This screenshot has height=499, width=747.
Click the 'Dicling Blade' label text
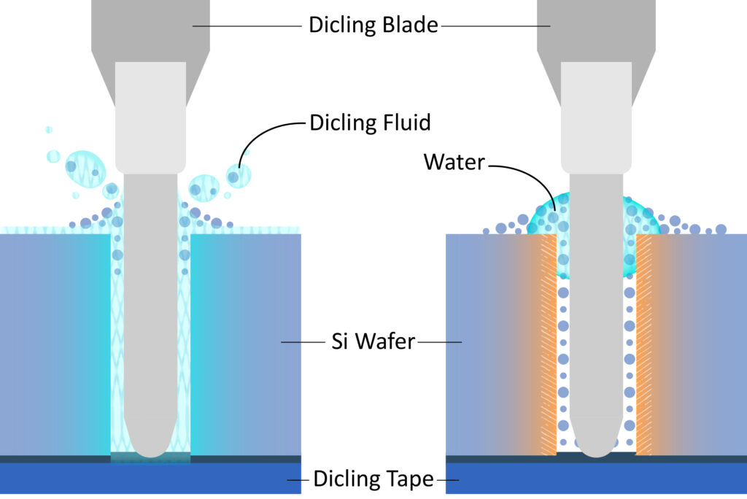click(373, 25)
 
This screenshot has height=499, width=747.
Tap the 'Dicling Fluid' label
click(370, 122)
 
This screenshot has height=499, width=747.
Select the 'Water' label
click(454, 161)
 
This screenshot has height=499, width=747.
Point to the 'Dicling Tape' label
click(373, 479)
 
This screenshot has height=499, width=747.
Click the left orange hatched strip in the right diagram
click(546, 343)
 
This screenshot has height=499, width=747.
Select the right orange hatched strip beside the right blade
click(644, 343)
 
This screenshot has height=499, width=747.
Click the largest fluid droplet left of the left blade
click(86, 169)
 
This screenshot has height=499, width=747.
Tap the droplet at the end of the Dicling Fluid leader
click(238, 176)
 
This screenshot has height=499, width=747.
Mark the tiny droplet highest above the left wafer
click(49, 130)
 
